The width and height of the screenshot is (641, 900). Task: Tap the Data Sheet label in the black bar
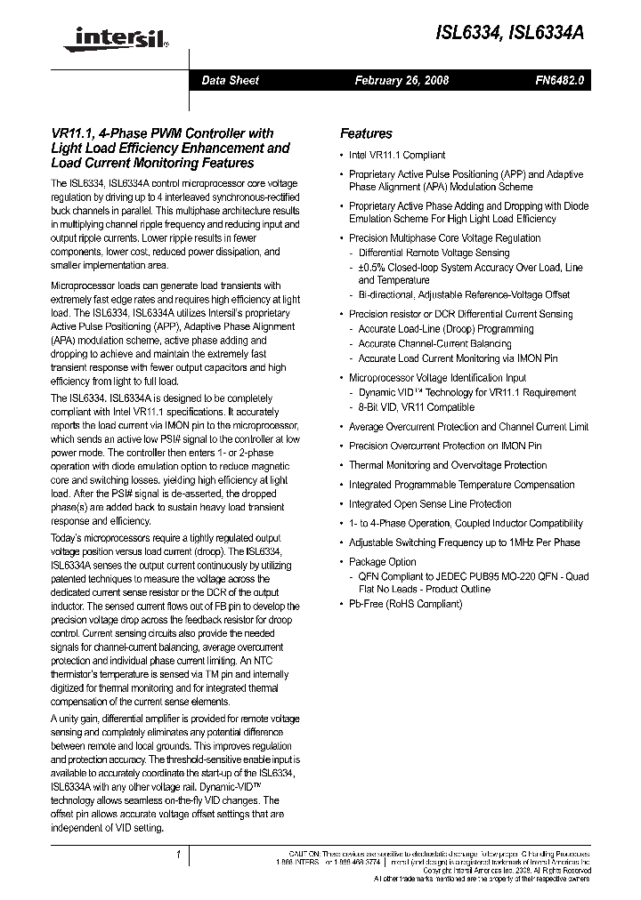pyautogui.click(x=230, y=80)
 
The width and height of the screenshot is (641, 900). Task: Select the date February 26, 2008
pyautogui.click(x=402, y=80)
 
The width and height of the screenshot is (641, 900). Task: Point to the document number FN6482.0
pyautogui.click(x=559, y=80)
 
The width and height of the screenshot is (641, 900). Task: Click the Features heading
pyautogui.click(x=366, y=133)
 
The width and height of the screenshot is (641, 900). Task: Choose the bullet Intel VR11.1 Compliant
pyautogui.click(x=397, y=155)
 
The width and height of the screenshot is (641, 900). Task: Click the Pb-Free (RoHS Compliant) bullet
pyautogui.click(x=405, y=604)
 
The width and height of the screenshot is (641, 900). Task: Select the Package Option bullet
pyautogui.click(x=382, y=562)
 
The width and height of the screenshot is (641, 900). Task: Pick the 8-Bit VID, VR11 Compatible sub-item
pyautogui.click(x=416, y=407)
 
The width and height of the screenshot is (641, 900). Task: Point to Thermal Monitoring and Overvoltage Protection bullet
pyautogui.click(x=448, y=465)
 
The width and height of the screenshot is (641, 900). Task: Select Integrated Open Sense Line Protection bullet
pyautogui.click(x=430, y=503)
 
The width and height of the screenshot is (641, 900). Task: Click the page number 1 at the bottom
pyautogui.click(x=179, y=855)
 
